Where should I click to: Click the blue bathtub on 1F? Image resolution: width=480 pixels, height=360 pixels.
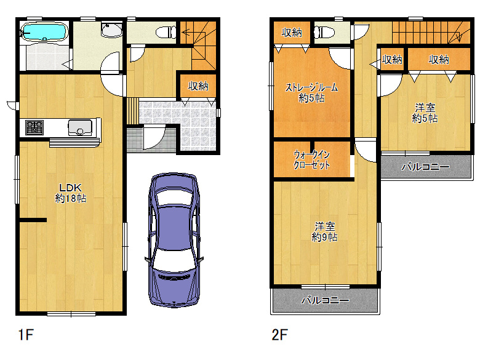pos(44,32)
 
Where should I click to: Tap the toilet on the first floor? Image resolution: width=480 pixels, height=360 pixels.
pos(166,32)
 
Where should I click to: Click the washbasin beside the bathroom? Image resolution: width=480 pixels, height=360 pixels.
pos(112,30)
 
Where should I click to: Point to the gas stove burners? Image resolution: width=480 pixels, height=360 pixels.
pos(34,127)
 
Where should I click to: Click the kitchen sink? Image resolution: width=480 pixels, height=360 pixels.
pos(80,127)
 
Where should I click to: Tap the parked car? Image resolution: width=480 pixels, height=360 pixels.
pos(174,240)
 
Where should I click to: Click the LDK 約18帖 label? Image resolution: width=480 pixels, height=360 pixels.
pos(70,193)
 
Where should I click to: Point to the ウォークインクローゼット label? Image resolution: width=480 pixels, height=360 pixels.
pos(311,159)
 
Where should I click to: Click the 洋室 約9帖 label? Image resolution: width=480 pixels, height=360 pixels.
pos(324,232)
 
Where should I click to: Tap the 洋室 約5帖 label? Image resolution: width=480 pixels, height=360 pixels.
pos(425,113)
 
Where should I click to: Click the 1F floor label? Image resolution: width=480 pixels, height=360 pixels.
pos(26,334)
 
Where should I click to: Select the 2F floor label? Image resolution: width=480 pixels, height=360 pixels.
pos(279,334)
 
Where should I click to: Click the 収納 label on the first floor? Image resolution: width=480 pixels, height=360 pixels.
pos(198,86)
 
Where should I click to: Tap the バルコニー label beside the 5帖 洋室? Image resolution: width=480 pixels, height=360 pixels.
pos(425,167)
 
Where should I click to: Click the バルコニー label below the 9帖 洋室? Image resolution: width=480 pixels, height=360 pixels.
pos(325,300)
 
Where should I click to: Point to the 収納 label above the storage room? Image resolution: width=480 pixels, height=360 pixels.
pos(292,32)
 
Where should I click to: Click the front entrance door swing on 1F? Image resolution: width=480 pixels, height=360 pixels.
pos(154,137)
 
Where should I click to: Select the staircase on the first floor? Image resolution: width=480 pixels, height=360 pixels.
pos(198,46)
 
